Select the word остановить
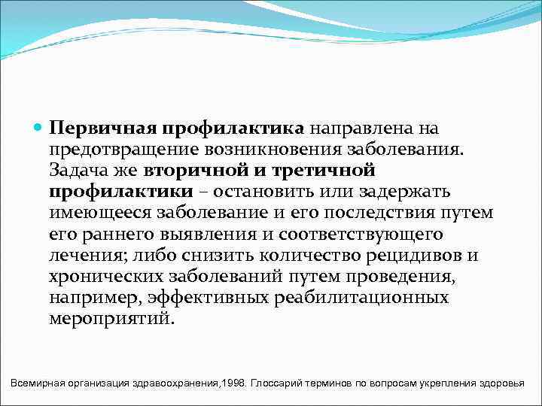coord(270,191)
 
